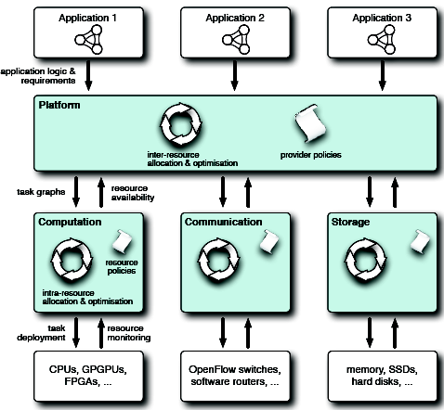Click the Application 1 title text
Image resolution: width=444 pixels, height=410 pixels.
[x=87, y=18]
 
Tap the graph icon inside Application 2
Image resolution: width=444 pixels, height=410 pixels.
[x=236, y=40]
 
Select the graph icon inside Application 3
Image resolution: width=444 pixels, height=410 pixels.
[x=382, y=40]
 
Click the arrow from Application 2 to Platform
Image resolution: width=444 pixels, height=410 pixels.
[x=235, y=75]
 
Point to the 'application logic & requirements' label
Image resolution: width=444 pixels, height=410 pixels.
[x=38, y=76]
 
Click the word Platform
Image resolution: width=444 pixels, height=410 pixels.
[x=59, y=105]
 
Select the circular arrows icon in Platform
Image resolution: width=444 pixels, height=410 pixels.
[x=181, y=124]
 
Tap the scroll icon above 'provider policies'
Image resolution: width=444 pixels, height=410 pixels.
[x=310, y=123]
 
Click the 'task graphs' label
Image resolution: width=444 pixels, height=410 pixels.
[x=41, y=192]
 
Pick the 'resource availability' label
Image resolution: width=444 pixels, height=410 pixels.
[x=133, y=193]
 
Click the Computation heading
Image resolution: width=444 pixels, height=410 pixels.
[x=70, y=222]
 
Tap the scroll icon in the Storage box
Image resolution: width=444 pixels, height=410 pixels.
[x=420, y=241]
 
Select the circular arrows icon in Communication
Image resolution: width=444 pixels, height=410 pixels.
[x=219, y=260]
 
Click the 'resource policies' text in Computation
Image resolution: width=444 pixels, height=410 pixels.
[x=122, y=266]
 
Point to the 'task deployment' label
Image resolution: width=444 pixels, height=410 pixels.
[x=41, y=333]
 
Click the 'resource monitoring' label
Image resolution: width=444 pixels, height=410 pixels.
[x=129, y=333]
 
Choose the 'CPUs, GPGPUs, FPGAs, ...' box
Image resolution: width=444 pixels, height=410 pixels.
[x=88, y=376]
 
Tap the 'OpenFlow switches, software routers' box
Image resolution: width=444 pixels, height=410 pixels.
[x=235, y=376]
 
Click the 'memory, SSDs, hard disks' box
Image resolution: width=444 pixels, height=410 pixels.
[x=383, y=376]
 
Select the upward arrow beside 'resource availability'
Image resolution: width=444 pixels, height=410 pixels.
[x=101, y=192]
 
